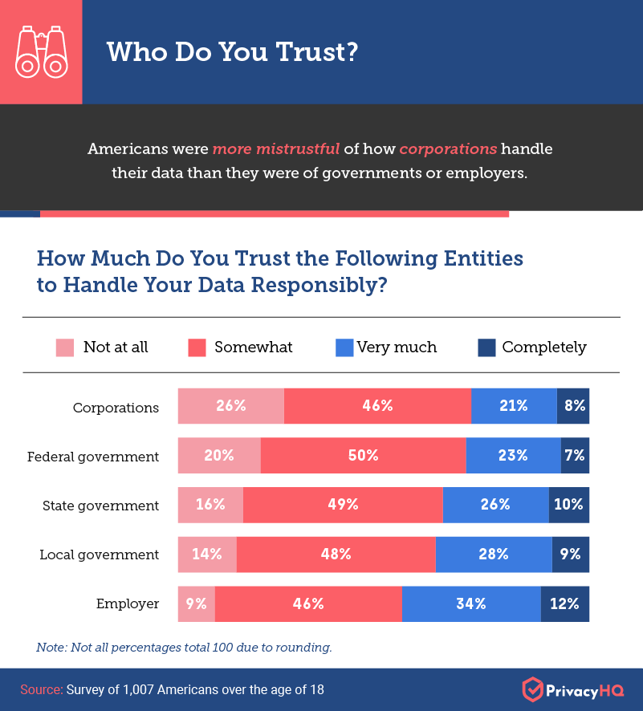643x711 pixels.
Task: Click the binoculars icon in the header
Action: point(40,51)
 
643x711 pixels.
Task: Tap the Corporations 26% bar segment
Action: point(230,406)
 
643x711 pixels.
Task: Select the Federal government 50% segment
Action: point(363,456)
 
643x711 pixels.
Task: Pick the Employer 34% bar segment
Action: point(471,604)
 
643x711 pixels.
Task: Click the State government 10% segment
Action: point(569,505)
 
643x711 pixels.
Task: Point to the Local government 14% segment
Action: point(207,555)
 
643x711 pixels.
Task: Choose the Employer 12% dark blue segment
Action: point(565,604)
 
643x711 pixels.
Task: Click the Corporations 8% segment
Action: point(573,406)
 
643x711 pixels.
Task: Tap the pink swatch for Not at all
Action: point(65,347)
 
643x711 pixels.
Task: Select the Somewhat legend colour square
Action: point(197,347)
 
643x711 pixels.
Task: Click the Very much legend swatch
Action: point(344,347)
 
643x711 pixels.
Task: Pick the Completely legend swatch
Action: point(486,347)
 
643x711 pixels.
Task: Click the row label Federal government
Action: point(93,457)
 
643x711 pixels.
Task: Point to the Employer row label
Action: point(128,604)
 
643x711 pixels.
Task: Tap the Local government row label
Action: point(100,555)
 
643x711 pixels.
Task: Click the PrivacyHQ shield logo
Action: point(532,689)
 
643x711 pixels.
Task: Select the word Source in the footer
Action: point(40,689)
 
